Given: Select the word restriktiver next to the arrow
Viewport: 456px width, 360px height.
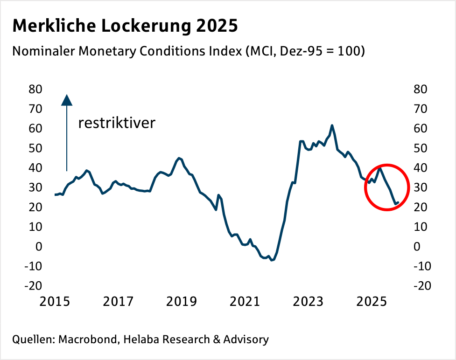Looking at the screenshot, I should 116,123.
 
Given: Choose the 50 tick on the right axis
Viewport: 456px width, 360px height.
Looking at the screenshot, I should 420,148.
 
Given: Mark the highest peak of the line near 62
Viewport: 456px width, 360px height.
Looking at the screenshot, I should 332,125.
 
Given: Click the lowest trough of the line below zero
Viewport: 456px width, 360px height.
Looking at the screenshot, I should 272,260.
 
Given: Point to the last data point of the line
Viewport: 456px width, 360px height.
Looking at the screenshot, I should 398,202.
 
